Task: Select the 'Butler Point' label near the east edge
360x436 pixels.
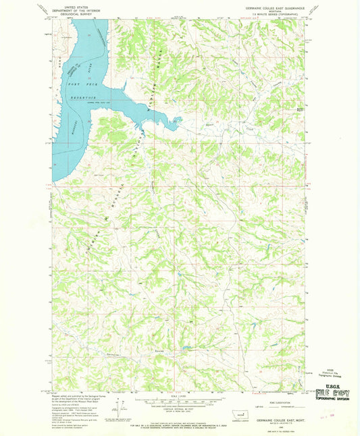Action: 299,106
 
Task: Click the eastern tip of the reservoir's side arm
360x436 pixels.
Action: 181,121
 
